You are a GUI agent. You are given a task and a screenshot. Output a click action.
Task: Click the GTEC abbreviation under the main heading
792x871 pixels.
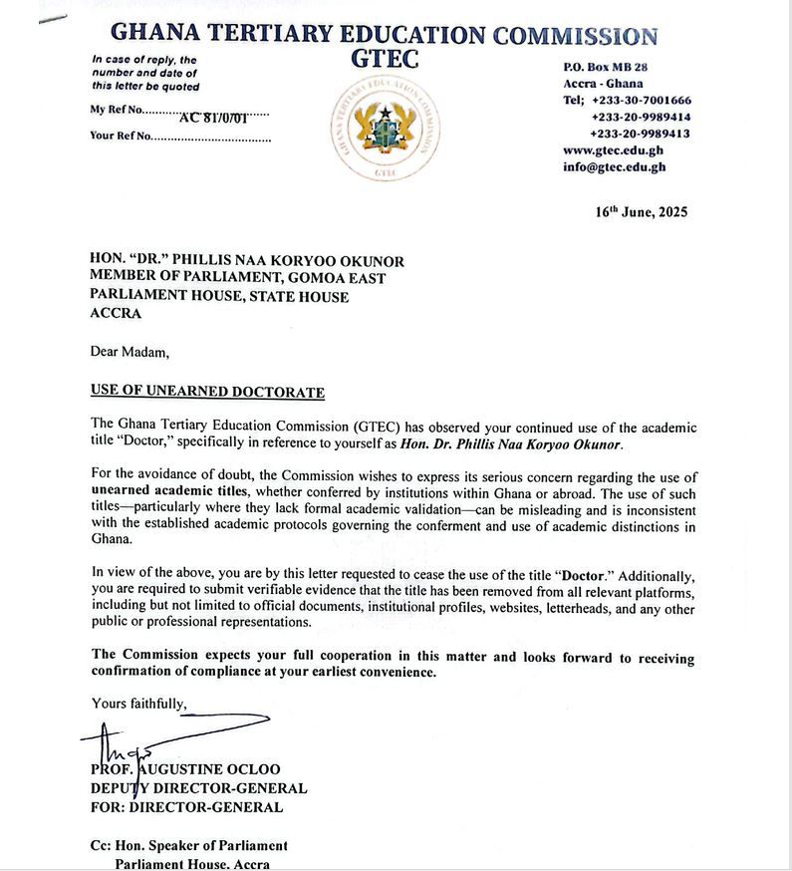pos(386,60)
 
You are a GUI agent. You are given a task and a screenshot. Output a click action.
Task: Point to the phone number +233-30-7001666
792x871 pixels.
pos(641,101)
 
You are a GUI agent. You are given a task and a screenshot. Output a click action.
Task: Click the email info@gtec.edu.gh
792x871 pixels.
pos(614,167)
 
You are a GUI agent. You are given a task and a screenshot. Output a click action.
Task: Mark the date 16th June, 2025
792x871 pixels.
pos(642,212)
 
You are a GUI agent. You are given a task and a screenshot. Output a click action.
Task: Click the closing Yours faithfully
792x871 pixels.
pos(138,704)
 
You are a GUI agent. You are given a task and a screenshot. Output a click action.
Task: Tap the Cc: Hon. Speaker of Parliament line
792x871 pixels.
pos(189,846)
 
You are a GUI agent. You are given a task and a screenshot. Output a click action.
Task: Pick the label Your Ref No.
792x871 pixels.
pos(121,137)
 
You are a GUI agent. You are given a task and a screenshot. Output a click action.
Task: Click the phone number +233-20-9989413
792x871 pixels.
pos(641,134)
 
